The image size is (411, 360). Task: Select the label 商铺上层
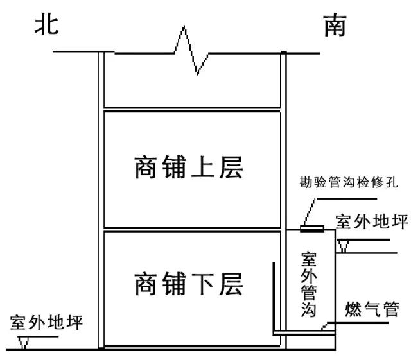click(x=189, y=167)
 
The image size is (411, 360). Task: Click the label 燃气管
click(x=372, y=310)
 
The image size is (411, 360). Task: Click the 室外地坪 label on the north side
click(x=47, y=321)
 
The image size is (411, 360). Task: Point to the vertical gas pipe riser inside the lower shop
click(x=274, y=295)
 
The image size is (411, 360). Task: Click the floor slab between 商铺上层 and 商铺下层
click(x=192, y=229)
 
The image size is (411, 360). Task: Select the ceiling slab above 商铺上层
click(x=192, y=109)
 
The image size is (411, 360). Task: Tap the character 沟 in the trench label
click(x=309, y=312)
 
